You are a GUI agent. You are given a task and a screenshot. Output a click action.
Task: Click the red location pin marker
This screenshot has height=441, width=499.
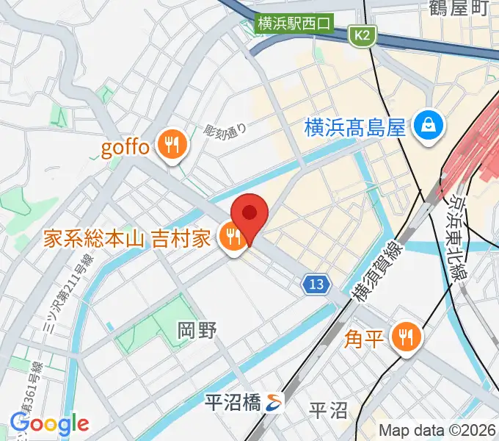pos(249,214)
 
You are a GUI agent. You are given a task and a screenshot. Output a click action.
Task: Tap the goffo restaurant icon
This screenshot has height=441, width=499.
pos(174,144)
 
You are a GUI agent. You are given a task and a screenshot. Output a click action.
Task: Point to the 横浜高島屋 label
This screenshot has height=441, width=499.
pos(355,128)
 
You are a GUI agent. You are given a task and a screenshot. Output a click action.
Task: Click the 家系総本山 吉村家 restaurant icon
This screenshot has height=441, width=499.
pos(234,237)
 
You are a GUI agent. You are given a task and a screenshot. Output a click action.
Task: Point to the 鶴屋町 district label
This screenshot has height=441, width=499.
pos(459,9)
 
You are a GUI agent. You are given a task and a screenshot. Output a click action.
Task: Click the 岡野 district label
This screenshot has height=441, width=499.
pos(197,331)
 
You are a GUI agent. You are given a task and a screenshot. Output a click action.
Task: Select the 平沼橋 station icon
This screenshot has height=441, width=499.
pos(274,402)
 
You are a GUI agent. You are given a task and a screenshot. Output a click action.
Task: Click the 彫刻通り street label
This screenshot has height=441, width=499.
pos(225,132)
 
